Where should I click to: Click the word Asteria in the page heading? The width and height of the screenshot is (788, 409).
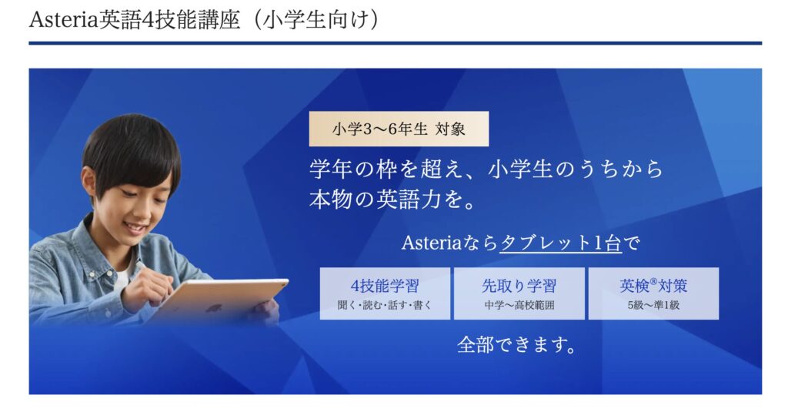64,20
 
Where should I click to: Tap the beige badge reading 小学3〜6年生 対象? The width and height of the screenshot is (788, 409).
399,129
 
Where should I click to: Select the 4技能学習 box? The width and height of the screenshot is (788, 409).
385,293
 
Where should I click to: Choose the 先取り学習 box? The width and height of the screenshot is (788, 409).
519,293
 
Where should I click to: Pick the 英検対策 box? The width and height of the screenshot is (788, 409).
653,293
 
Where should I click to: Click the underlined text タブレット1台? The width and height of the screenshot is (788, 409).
560,243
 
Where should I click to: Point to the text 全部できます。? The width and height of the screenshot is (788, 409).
516,345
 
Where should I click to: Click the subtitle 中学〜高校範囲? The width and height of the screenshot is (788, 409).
519,305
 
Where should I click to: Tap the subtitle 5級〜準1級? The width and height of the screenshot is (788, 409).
653,305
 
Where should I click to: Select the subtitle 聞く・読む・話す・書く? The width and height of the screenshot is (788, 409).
385,305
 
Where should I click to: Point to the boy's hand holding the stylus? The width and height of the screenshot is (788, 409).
145,287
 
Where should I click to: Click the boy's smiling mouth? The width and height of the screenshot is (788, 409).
135,229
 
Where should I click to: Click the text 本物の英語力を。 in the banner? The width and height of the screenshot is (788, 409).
392,199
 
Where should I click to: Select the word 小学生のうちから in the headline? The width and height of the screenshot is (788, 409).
576,169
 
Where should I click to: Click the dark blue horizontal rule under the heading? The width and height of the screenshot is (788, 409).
395,43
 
